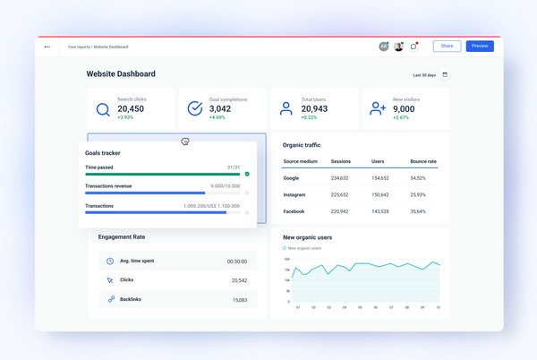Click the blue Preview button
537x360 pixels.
(480, 46)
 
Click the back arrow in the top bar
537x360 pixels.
(47, 47)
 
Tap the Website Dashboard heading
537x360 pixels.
(121, 74)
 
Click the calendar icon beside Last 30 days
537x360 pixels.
(445, 75)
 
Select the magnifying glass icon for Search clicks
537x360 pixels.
(104, 110)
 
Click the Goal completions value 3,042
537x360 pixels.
(219, 109)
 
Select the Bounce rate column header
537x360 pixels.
(423, 162)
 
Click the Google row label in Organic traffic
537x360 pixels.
(291, 178)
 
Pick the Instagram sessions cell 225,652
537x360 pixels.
(340, 194)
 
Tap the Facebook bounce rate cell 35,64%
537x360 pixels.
(418, 211)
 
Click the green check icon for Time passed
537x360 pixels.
(247, 174)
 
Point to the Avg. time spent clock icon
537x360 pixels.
(110, 261)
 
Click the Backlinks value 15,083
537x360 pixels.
(239, 300)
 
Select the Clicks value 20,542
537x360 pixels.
(239, 280)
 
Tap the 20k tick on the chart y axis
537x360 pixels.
(287, 259)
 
